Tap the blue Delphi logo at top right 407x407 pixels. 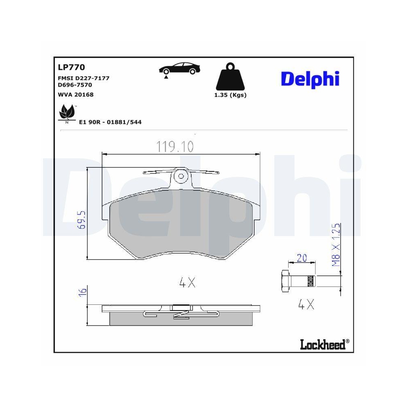tap(310, 79)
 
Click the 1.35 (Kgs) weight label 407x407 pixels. tap(230, 95)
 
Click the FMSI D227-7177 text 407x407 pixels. tap(84, 78)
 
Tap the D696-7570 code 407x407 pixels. tap(75, 85)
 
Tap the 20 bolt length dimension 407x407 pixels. tap(301, 258)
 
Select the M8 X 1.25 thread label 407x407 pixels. tap(336, 245)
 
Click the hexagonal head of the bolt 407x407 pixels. tap(285, 280)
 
